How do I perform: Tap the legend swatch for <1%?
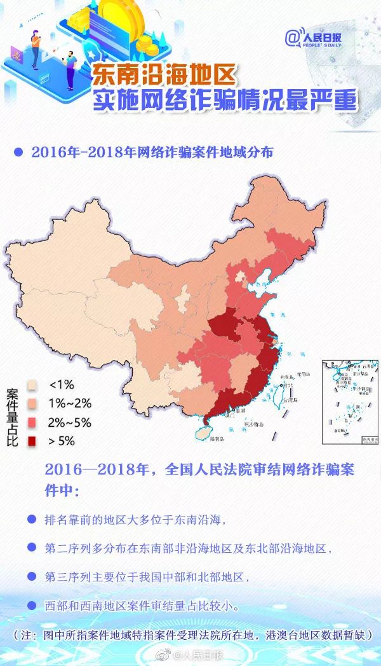pyautogui.click(x=30, y=385)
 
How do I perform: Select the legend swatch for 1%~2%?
pyautogui.click(x=30, y=403)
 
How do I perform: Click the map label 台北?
pyautogui.click(x=288, y=385)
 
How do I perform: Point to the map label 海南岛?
pyautogui.click(x=217, y=438)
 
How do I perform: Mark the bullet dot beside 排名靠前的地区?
pyautogui.click(x=31, y=519)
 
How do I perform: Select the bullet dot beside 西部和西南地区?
pyautogui.click(x=31, y=605)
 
